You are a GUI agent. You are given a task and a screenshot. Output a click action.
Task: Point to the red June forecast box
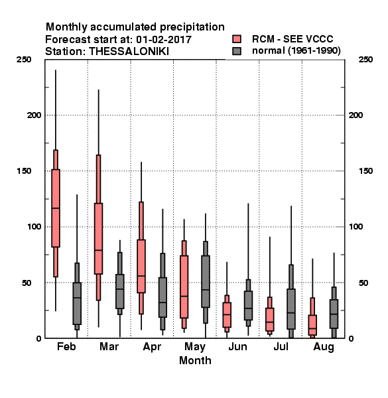[x=227, y=314]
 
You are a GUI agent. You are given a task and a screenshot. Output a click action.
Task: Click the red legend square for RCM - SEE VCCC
[x=237, y=39]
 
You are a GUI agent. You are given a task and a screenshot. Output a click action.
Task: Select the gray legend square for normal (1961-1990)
[x=237, y=51]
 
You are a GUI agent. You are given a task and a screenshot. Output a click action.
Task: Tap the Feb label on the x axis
[x=66, y=346]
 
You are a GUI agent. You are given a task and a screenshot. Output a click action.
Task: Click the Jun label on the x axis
[x=237, y=346]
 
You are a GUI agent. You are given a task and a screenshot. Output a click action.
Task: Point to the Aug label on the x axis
[x=324, y=347]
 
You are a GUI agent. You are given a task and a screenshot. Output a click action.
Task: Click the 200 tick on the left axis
[x=34, y=115]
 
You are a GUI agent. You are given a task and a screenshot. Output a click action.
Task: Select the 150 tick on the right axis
[x=365, y=171]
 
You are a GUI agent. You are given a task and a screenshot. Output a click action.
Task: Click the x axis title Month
[x=195, y=360]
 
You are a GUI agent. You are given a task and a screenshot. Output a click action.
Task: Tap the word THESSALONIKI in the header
[x=129, y=52]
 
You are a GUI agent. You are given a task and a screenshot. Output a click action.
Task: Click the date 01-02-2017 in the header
[x=164, y=39]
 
